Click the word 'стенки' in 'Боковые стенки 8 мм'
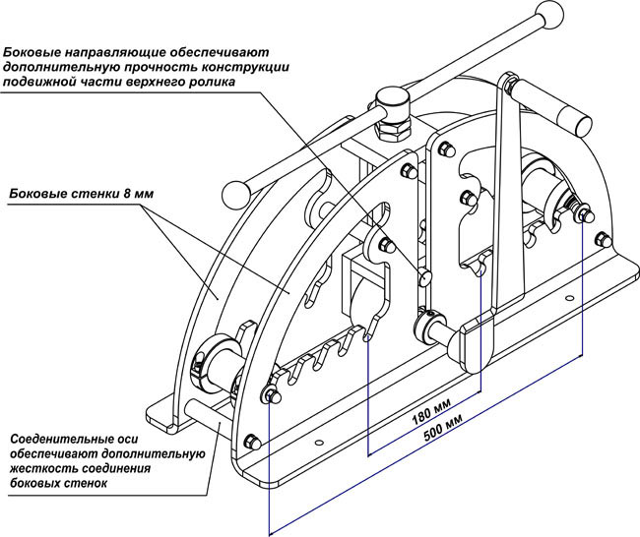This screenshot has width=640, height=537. pyautogui.click(x=92, y=193)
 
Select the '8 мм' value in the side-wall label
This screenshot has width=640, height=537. pyautogui.click(x=137, y=193)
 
